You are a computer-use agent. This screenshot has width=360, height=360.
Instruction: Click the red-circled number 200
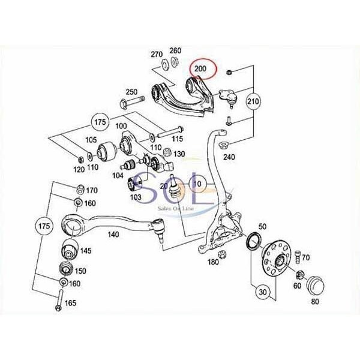tap(200, 68)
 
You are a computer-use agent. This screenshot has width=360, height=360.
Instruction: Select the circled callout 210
tap(253, 101)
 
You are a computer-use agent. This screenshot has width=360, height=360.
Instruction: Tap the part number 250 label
tap(131, 92)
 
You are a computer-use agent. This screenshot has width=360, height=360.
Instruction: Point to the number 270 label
tap(157, 55)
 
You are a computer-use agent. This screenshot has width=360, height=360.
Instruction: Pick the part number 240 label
tap(229, 157)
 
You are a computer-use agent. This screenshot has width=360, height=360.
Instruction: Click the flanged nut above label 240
tap(223, 145)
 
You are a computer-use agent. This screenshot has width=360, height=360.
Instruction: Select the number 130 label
tap(179, 154)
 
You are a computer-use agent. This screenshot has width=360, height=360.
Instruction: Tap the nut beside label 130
tap(167, 152)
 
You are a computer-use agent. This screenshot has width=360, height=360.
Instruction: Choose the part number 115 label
tap(178, 139)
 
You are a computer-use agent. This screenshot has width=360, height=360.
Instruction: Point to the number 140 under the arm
tap(113, 235)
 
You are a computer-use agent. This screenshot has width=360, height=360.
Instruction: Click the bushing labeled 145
tap(70, 250)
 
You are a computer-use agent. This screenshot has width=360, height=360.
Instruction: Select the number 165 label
tap(70, 303)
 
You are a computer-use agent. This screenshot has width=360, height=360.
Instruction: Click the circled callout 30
tap(263, 292)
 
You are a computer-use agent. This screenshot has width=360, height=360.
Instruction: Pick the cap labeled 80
tap(315, 286)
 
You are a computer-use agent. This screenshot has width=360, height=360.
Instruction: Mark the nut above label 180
tap(222, 254)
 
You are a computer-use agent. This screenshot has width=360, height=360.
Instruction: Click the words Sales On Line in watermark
tap(176, 208)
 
